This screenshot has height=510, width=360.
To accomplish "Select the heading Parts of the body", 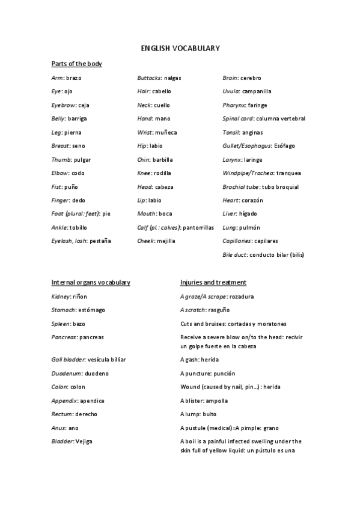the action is point(76,64).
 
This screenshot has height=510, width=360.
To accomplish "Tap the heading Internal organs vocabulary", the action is point(91,282).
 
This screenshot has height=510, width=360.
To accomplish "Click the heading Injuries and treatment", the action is point(213,282).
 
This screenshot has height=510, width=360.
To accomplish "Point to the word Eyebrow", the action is point(62,105).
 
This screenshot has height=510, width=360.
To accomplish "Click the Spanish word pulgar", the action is point(82,159).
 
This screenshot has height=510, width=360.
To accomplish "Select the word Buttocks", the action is point(148,78).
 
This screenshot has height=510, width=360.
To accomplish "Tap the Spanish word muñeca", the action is point(165,132).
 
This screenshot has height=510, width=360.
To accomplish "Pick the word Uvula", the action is point(231,91).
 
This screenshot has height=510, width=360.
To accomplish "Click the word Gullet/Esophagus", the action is point(246,146).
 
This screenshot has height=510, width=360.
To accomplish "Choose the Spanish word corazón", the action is point(252,200).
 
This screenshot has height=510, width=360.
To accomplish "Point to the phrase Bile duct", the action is point(234,254).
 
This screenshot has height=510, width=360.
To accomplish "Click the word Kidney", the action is point(61,296).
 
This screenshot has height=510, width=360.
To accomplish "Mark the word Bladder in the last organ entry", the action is point(63,441).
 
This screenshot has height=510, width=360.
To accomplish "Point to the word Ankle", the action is point(59,227).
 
